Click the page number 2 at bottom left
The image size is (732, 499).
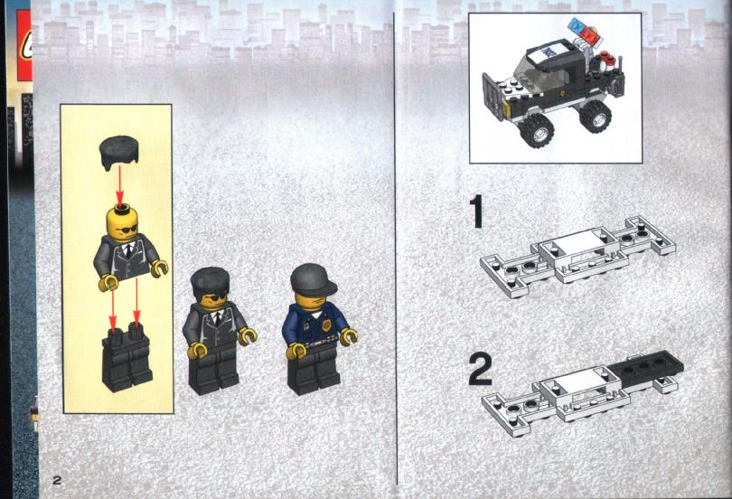click(57, 480)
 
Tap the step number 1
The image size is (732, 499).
click(476, 212)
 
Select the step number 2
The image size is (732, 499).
click(480, 369)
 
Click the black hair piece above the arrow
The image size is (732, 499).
click(118, 153)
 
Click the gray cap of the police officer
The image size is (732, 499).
click(313, 279)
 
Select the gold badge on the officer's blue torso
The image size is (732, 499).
click(325, 325)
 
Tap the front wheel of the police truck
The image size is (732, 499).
click(537, 130)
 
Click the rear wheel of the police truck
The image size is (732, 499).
click(595, 116)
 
